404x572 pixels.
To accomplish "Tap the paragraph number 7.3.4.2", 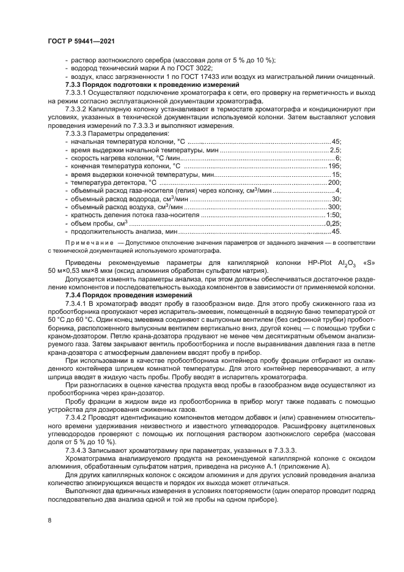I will [77, 401].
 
